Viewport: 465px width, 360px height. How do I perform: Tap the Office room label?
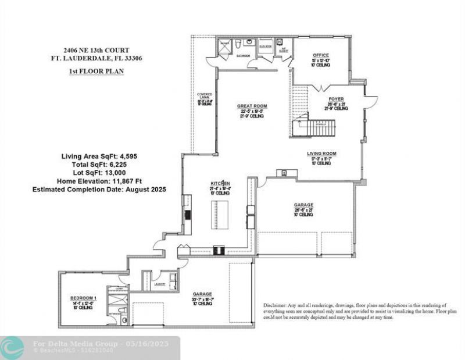click(320, 56)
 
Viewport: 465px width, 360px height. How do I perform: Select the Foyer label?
click(336, 99)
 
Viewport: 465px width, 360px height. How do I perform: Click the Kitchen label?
click(220, 183)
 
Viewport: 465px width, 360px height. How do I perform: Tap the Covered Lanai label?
click(205, 96)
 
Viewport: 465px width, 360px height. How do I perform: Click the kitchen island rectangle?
click(219, 215)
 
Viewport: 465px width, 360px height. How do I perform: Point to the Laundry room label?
click(160, 284)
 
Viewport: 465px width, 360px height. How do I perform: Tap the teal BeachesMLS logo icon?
click(12, 347)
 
